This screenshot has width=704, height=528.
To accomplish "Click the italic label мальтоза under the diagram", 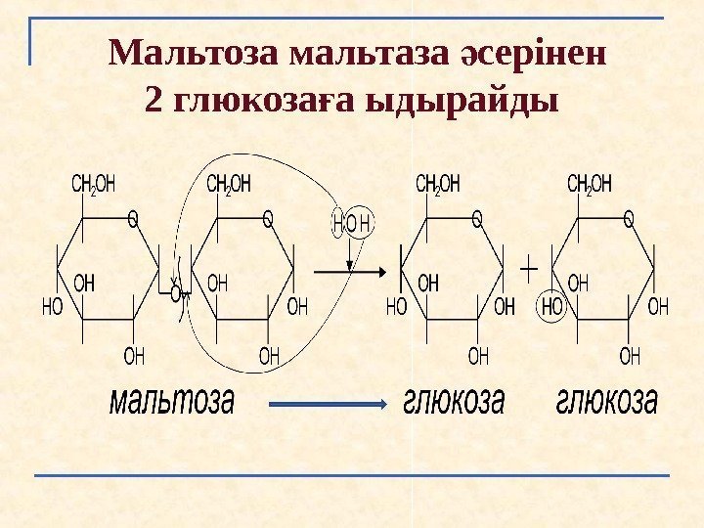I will pyautogui.click(x=171, y=400).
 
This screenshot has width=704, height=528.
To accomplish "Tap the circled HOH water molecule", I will pyautogui.click(x=353, y=223).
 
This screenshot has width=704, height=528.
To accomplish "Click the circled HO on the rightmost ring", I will pyautogui.click(x=553, y=307).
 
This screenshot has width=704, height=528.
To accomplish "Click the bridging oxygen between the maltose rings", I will pyautogui.click(x=176, y=291).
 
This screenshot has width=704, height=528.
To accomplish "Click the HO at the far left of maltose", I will pyautogui.click(x=52, y=307).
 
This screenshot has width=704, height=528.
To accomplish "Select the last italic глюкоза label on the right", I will pyautogui.click(x=606, y=400).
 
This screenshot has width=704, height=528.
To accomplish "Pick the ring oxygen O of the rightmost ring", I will pyautogui.click(x=629, y=220).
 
